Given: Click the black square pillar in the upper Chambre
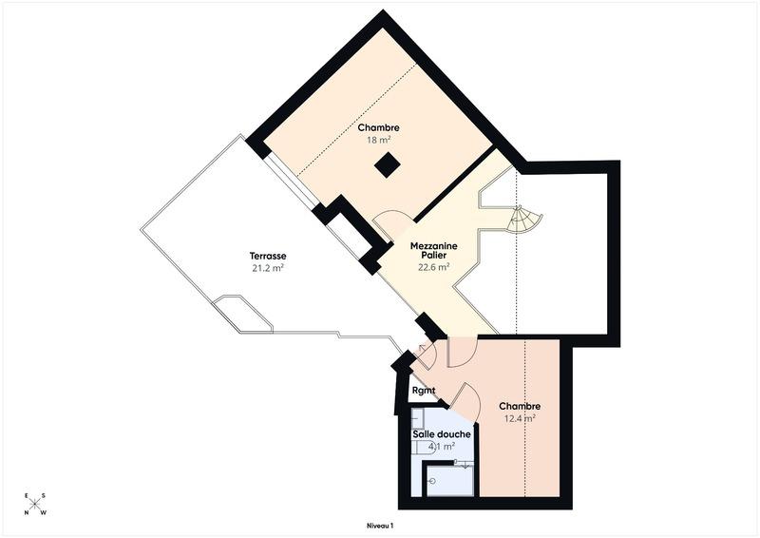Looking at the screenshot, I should (x=386, y=165).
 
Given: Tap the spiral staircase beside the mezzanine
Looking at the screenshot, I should (x=523, y=221).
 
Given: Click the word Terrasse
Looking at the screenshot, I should (x=268, y=257).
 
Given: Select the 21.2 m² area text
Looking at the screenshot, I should (x=268, y=268).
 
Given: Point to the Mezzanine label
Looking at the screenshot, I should (x=433, y=245).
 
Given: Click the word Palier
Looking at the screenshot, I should (x=433, y=256).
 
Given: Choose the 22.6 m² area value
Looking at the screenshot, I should (x=433, y=267).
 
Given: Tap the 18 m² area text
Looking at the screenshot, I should (x=378, y=140).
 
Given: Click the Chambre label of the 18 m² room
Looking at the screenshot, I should (x=378, y=127).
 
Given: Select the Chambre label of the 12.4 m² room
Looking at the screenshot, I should (x=520, y=406).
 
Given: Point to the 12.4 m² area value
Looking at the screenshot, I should (x=520, y=417).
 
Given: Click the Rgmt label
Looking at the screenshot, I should (x=424, y=391).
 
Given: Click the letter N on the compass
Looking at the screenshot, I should (x=28, y=514).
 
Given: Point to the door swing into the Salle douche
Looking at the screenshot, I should (x=465, y=396).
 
